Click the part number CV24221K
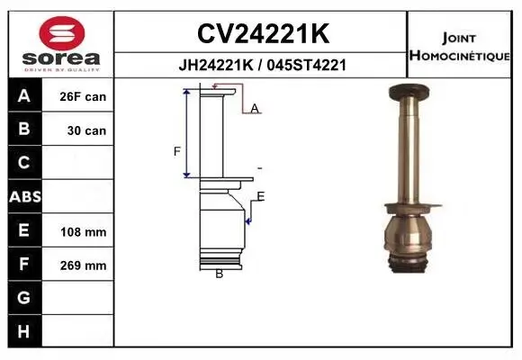262,34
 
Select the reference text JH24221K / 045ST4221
262,65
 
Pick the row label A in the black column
24,96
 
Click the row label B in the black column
24,130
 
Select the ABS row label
24,196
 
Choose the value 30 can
86,130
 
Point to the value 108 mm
84,231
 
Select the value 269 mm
84,265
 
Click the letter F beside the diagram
177,150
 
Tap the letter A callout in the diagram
255,109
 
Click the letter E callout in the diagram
261,196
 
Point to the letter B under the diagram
219,274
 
